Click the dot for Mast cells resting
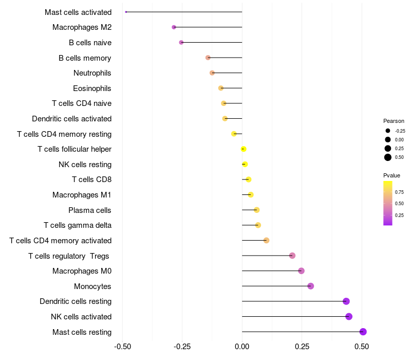point(363,332)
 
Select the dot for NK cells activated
point(349,316)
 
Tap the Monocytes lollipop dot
point(310,286)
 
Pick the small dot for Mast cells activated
point(126,12)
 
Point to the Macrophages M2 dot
point(174,27)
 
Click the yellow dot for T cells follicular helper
point(244,149)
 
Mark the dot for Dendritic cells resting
point(346,301)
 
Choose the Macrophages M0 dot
point(301,271)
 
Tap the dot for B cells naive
point(181,42)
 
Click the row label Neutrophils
point(92,73)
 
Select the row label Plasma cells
point(89,210)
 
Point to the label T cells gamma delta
point(78,225)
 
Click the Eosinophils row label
point(92,88)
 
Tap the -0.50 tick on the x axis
point(122,347)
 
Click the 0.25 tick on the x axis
point(302,347)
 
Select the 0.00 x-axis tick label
point(242,347)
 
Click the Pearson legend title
point(394,121)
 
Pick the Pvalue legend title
point(391,175)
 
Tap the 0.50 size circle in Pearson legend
point(388,157)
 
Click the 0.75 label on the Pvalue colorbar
point(399,192)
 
